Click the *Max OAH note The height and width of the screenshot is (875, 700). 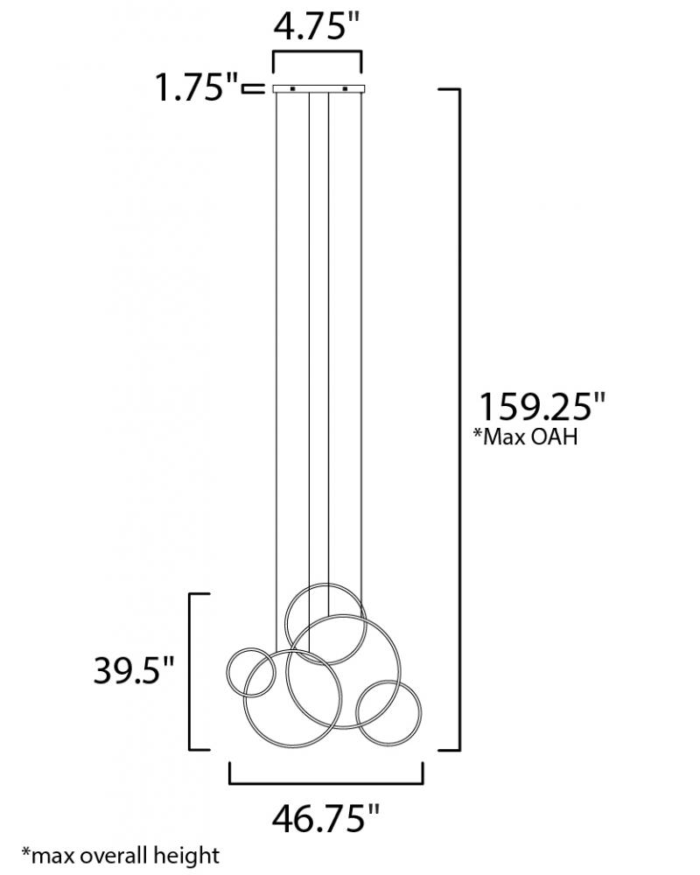pyautogui.click(x=525, y=437)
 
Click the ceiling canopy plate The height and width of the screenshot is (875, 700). pyautogui.click(x=318, y=88)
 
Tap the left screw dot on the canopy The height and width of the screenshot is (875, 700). pyautogui.click(x=292, y=88)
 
